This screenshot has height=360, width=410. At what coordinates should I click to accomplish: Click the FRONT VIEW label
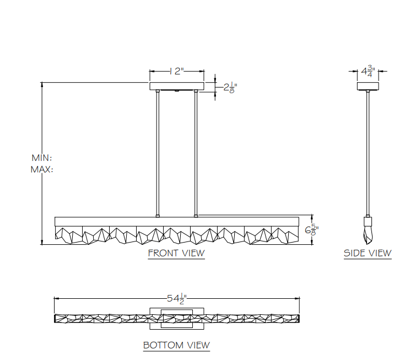(x=176, y=253)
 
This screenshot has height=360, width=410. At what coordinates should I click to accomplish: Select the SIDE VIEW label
(x=368, y=253)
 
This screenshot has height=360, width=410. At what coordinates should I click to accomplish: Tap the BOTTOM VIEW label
(x=176, y=345)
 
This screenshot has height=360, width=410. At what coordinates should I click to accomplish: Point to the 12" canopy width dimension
(x=177, y=71)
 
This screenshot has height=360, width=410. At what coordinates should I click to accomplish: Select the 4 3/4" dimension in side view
(x=368, y=71)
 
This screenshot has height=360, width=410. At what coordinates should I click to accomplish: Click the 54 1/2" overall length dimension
(x=177, y=299)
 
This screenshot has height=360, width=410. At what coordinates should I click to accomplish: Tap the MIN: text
(x=42, y=158)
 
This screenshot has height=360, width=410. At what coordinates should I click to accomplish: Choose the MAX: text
(x=42, y=169)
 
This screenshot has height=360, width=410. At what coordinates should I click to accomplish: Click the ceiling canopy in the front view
(x=177, y=87)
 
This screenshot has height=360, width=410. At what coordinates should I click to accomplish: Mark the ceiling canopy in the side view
(x=368, y=87)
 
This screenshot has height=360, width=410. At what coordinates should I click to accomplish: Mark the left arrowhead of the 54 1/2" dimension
(x=56, y=299)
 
